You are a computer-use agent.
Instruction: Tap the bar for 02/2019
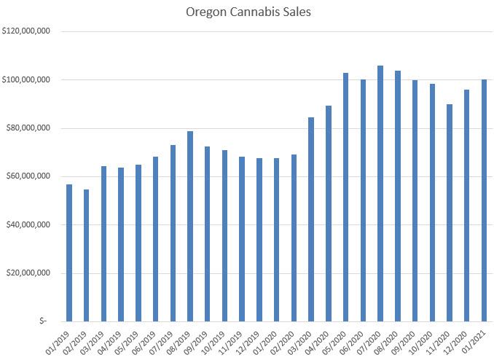tap(87, 255)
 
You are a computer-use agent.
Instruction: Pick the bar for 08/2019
tap(190, 226)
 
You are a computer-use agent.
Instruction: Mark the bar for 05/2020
tap(345, 197)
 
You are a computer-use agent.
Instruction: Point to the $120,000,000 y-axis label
tap(26, 31)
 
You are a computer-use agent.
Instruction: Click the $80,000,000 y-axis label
tap(28, 128)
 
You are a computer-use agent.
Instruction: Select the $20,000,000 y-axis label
tap(28, 273)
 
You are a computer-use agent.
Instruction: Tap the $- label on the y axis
tap(44, 321)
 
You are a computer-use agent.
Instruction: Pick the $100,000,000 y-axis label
tap(26, 79)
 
